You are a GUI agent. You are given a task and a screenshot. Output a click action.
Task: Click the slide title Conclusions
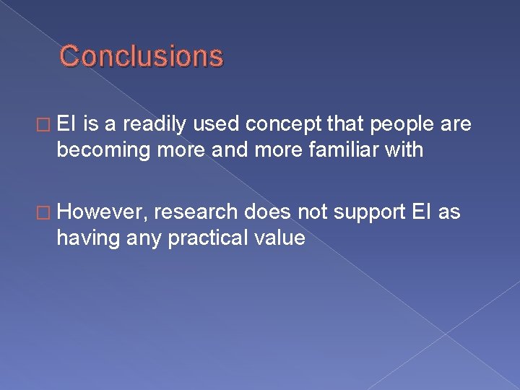click(142, 56)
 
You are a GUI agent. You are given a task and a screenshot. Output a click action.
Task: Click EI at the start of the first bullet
click(68, 126)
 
